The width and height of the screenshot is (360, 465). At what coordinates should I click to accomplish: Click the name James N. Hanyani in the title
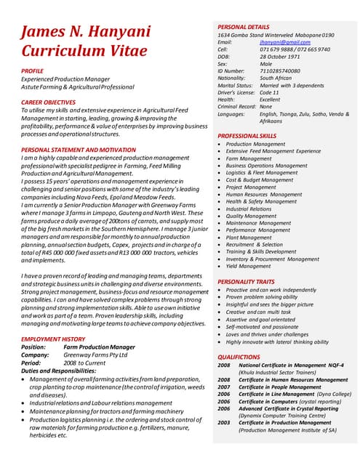86,32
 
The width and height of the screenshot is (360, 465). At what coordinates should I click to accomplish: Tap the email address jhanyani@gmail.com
280,42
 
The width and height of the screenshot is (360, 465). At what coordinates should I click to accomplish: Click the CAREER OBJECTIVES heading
49,102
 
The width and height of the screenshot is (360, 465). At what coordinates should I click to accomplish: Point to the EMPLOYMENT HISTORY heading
53,339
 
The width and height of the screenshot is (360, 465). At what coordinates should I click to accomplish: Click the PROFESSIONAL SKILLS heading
247,136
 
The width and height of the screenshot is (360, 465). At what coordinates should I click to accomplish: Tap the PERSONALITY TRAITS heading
246,281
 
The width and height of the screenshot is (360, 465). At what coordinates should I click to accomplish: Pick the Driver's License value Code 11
270,92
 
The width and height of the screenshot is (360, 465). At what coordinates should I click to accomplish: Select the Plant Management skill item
249,238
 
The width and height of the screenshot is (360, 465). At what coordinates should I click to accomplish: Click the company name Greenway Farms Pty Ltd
95,355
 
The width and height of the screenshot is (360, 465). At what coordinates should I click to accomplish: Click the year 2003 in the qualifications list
224,422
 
